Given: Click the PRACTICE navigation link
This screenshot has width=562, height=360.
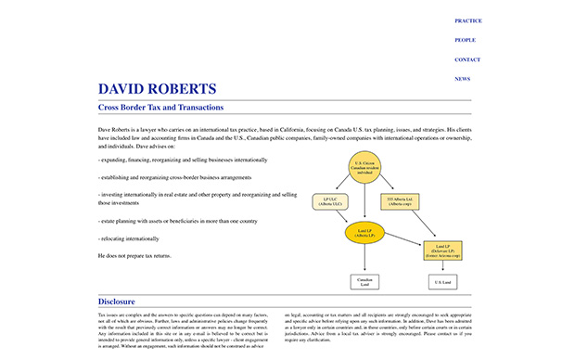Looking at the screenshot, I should click(x=467, y=19).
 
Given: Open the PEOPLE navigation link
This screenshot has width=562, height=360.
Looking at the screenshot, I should click(x=465, y=40).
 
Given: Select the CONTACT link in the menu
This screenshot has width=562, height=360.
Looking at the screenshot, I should click(x=467, y=59).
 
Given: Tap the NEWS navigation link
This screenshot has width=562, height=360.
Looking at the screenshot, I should click(x=462, y=79).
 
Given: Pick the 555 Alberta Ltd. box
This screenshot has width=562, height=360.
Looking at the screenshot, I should click(x=401, y=200).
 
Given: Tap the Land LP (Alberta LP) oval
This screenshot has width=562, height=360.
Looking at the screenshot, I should click(x=364, y=233).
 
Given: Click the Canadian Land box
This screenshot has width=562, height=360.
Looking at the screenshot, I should click(x=364, y=281).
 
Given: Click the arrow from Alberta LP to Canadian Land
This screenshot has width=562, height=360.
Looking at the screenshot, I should click(x=364, y=258).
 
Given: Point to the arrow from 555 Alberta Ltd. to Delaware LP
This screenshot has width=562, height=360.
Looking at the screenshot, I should click(x=422, y=224).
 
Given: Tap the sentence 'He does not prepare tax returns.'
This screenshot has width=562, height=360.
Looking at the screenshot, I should click(x=134, y=255).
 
